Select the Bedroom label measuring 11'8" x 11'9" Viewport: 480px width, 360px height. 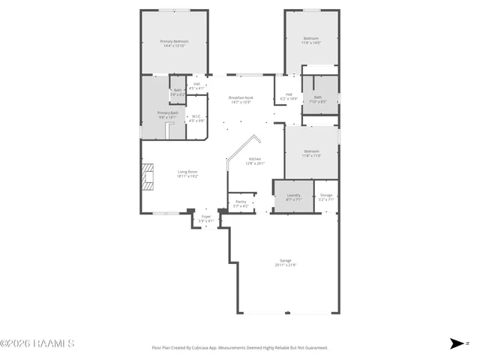click(x=311, y=153)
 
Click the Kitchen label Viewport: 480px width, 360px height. click(x=255, y=160)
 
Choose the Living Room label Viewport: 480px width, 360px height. click(x=187, y=174)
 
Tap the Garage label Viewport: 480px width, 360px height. click(x=285, y=262)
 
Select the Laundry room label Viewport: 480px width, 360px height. click(x=292, y=196)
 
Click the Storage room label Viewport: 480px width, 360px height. click(x=325, y=196)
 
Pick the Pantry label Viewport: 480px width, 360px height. click(x=241, y=203)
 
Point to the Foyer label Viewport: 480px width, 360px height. click(x=205, y=218)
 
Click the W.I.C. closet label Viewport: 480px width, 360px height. click(x=196, y=118)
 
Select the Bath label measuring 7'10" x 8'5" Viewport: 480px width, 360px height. click(x=318, y=99)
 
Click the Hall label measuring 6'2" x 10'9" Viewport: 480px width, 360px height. click(x=289, y=96)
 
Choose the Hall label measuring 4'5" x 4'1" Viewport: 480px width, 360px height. click(x=196, y=85)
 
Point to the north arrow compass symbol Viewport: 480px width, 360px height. click(x=457, y=343)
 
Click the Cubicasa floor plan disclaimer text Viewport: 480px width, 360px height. click(x=240, y=348)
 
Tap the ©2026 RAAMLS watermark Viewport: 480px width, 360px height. click(x=37, y=343)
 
